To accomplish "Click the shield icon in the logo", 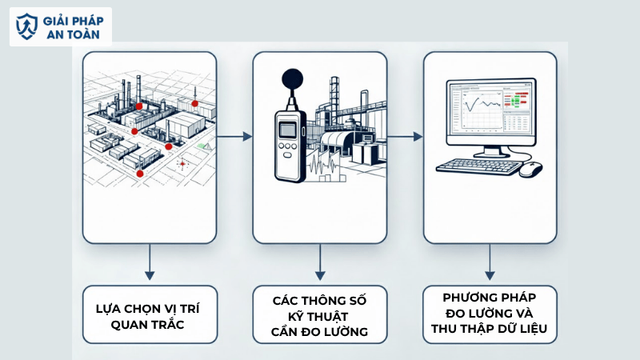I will tap(26, 26).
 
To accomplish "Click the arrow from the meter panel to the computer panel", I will tap(406, 137).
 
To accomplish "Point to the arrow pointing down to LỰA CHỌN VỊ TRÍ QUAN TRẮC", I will tap(149, 262).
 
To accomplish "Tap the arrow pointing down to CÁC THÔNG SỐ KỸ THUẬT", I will tap(320, 262).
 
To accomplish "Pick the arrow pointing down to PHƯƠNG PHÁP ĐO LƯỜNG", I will tap(490, 262).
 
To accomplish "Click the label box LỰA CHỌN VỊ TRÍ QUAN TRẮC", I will tap(150, 314).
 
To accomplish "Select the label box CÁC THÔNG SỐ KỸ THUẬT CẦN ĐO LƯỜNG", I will tap(320, 314).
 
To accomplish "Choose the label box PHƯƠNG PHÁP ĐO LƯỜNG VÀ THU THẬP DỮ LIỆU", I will tap(490, 314).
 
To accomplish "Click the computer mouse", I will tap(530, 169).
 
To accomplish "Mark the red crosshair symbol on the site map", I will tap(182, 164).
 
